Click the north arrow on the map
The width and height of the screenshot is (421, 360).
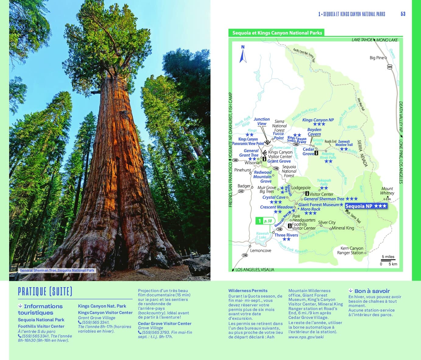[243, 55]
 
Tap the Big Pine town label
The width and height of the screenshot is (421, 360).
[377, 58]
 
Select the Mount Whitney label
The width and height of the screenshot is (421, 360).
[387, 191]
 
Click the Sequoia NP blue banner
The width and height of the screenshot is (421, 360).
[366, 206]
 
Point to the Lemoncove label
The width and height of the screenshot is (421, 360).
[260, 251]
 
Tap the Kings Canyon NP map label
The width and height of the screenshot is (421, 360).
[318, 120]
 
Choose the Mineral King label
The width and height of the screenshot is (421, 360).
[343, 228]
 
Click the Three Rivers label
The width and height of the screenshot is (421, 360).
[286, 235]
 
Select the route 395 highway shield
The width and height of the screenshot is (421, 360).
[390, 67]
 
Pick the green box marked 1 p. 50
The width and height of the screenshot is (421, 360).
[265, 221]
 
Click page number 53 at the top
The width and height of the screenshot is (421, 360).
[403, 14]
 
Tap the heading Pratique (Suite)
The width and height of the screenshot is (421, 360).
[45, 291]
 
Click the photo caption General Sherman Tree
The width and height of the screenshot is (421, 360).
[57, 270]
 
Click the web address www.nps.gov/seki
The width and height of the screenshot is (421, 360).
[306, 337]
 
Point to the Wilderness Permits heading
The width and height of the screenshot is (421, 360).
[248, 290]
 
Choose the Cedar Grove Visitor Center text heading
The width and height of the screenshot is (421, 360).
[165, 323]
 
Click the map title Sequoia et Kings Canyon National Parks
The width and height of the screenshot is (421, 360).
[277, 33]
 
